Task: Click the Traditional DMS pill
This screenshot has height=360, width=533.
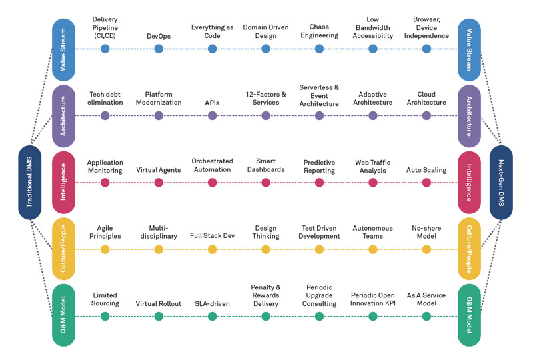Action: (x=29, y=182)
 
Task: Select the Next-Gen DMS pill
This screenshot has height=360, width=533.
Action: (x=501, y=182)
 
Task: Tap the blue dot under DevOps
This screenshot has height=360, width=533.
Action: (x=159, y=49)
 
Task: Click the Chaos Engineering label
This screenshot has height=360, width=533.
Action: (x=319, y=31)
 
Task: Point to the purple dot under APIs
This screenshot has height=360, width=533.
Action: (x=212, y=115)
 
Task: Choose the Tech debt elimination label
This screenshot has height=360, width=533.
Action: (x=105, y=99)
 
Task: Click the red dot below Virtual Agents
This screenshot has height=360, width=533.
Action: (x=159, y=183)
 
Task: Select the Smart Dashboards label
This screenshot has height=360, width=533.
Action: (x=266, y=165)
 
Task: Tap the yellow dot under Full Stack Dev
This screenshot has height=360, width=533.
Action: (x=212, y=249)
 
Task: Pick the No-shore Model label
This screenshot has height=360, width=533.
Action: (x=426, y=232)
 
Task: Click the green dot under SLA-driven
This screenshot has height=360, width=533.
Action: (x=212, y=317)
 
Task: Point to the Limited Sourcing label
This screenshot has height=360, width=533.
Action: (x=105, y=299)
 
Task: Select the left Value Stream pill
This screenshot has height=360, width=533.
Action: (x=63, y=49)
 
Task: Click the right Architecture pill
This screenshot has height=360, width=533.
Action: (x=469, y=116)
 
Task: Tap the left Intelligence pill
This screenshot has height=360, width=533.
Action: (x=63, y=182)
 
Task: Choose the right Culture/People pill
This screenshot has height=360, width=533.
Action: (x=469, y=249)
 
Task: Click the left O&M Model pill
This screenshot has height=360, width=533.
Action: (x=63, y=315)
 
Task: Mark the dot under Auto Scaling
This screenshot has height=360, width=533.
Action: (x=426, y=183)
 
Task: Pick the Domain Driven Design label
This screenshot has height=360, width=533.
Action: (x=266, y=31)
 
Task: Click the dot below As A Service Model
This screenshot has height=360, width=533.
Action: (x=426, y=317)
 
